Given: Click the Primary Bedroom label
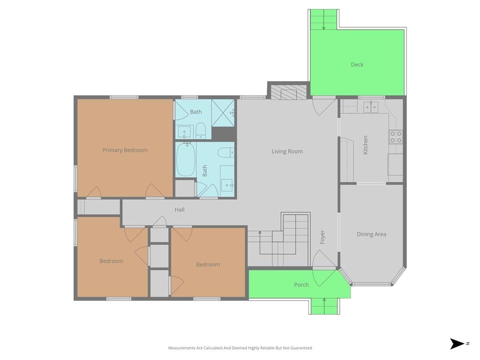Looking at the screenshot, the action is coord(125,150).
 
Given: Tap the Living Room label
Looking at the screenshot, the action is coord(287,151).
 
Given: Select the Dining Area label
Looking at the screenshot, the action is coord(371,234).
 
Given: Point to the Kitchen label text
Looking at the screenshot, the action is coord(365,145).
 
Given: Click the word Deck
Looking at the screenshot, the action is coord(357,65).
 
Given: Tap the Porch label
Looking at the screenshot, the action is coord(301,285).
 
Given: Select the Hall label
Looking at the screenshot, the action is coord(180,210).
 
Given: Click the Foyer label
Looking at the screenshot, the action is coord(322,237).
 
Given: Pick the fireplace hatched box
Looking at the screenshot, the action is coord(289,92).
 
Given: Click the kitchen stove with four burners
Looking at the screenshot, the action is coord(396,137).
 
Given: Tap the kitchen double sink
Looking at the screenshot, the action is coord(371,107).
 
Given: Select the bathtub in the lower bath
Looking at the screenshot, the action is coord(186,160).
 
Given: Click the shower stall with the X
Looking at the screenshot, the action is coord(223,112).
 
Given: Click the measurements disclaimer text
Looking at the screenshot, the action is coord(240,348).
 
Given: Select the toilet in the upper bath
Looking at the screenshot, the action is coord(201,131).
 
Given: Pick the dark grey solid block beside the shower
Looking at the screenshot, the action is coord(224,133).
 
